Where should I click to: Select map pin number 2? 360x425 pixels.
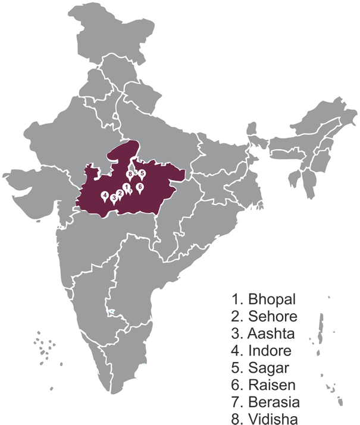click(120, 193)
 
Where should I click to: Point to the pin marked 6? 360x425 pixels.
click(140, 187)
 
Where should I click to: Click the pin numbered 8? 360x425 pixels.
click(130, 174)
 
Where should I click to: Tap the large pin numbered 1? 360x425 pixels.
click(126, 187)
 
